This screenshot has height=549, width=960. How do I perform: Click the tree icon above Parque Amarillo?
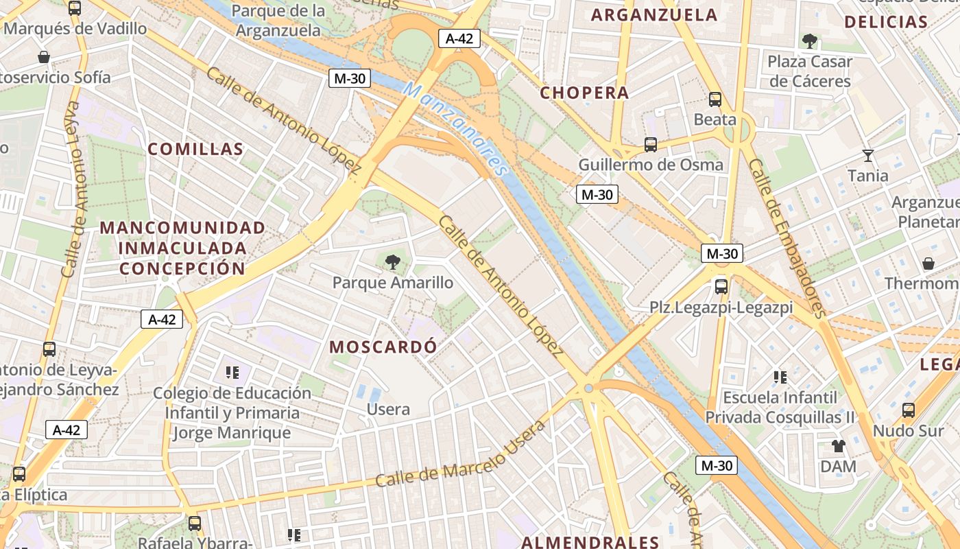[393, 261]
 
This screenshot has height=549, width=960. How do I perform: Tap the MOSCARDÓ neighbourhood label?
[383, 347]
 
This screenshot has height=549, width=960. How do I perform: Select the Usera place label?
[389, 410]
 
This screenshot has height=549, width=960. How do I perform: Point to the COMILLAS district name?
[195, 149]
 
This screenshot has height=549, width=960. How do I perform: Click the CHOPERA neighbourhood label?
[584, 93]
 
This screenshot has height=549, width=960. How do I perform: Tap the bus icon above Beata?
[715, 100]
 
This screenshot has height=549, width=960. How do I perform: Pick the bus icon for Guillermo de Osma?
[650, 145]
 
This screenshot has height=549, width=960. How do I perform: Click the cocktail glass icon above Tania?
[868, 156]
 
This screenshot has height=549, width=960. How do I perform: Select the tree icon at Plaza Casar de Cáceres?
[809, 41]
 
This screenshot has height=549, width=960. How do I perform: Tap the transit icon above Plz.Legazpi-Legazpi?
[721, 287]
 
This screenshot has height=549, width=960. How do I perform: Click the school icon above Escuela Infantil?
[780, 377]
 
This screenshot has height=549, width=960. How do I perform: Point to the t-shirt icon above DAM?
[838, 447]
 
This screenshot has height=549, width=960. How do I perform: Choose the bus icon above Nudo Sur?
[909, 410]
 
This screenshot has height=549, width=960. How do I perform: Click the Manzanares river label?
[456, 129]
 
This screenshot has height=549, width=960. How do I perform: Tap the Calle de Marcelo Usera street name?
[460, 455]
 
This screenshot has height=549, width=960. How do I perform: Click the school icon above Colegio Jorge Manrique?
[232, 373]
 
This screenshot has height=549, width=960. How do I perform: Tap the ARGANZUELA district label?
[654, 15]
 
